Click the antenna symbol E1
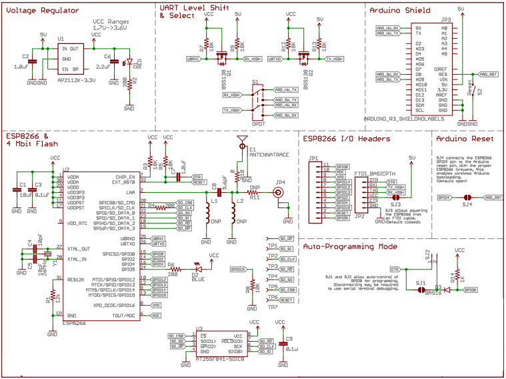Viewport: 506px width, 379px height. coord(243,142)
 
